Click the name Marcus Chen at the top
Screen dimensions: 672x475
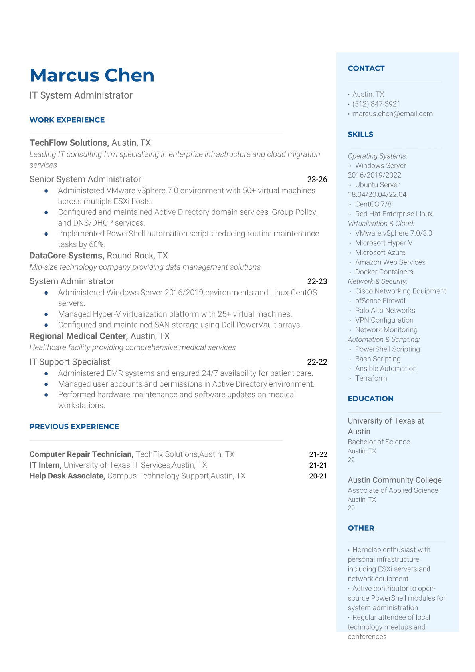click(x=92, y=75)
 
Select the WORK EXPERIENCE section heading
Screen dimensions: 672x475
click(x=67, y=120)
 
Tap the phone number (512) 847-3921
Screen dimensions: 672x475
click(x=376, y=104)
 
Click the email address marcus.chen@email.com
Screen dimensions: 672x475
click(x=392, y=114)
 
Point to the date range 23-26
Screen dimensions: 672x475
click(x=317, y=180)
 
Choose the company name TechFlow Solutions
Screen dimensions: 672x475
click(x=69, y=143)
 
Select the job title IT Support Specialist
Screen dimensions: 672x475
click(x=69, y=362)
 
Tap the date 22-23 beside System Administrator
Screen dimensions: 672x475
click(x=317, y=281)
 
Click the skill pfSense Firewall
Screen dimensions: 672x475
click(x=381, y=301)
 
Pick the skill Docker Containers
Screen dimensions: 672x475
click(x=384, y=272)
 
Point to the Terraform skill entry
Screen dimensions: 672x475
click(x=371, y=378)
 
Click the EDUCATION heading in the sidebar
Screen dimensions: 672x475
click(x=370, y=398)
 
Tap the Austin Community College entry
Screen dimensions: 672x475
click(x=394, y=480)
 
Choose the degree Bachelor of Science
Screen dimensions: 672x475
click(x=379, y=442)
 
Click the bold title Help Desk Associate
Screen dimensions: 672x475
click(x=67, y=476)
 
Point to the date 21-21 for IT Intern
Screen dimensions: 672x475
click(x=318, y=465)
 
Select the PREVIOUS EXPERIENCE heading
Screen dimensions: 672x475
click(x=74, y=426)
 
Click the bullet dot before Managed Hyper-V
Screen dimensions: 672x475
click(x=46, y=315)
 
